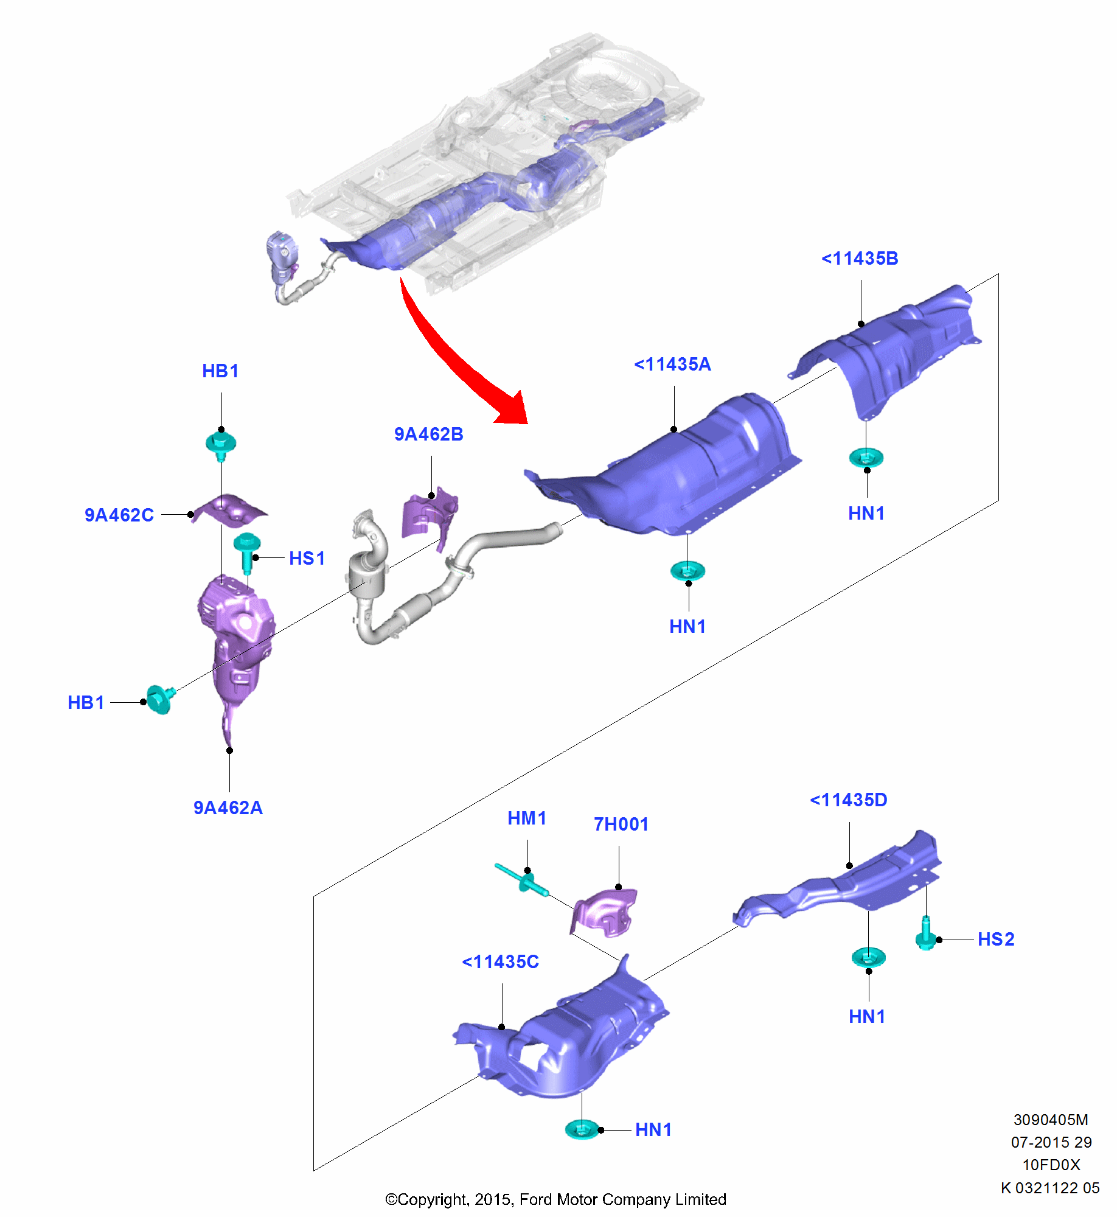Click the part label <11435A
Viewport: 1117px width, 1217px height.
click(672, 364)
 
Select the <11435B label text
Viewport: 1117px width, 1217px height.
click(859, 259)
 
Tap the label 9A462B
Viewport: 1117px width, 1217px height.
click(428, 434)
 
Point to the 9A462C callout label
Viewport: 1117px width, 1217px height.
click(119, 515)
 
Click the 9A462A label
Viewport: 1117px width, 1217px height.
click(228, 807)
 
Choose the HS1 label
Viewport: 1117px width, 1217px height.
click(307, 558)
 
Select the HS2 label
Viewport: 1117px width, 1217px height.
click(995, 940)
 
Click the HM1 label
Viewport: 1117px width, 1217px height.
click(527, 818)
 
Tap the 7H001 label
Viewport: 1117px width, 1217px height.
click(621, 825)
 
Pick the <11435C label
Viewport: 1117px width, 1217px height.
click(500, 962)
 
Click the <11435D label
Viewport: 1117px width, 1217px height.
click(848, 800)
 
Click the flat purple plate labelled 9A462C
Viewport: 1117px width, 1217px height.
click(229, 510)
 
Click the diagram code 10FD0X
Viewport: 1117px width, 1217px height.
click(1051, 1165)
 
